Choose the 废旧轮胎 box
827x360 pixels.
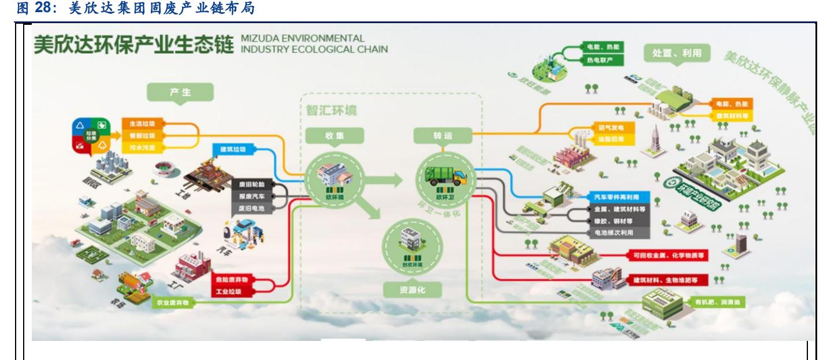pos(251,184)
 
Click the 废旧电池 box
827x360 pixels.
pos(251,209)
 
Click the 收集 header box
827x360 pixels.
pos(335,135)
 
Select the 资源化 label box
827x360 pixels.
pos(411,289)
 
